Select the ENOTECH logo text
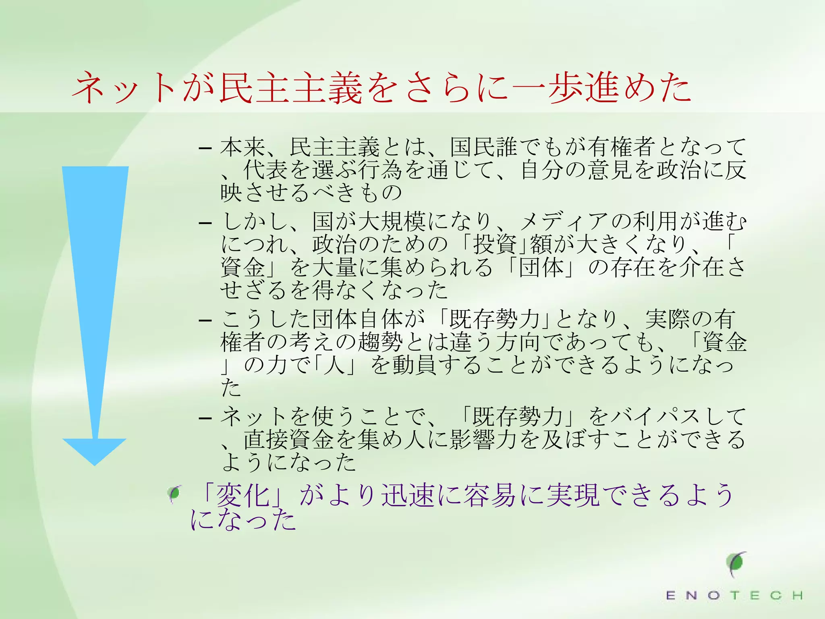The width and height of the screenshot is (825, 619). click(734, 595)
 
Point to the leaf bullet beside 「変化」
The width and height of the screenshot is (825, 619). click(175, 494)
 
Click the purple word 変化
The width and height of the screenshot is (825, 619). click(243, 495)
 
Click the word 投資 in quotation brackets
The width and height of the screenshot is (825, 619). click(495, 244)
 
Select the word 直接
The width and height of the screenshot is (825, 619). click(266, 440)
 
